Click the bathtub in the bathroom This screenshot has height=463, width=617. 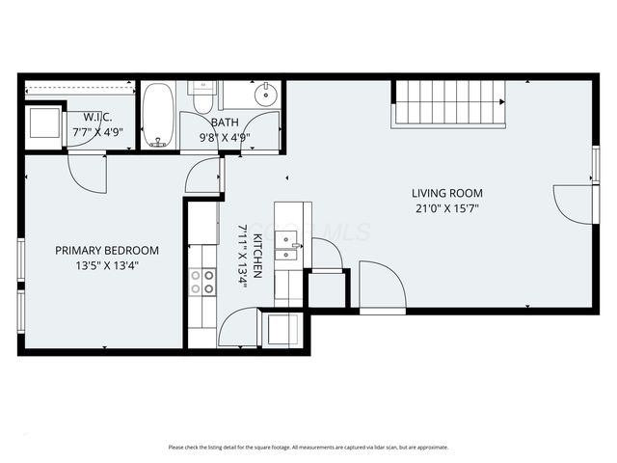tap(158, 116)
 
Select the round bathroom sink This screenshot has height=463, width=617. tap(265, 95)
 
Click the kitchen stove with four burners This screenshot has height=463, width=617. tap(202, 281)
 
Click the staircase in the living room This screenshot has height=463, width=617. tap(448, 103)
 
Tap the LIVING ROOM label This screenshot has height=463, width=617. tap(447, 193)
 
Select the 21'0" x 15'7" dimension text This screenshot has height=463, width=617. tap(446, 207)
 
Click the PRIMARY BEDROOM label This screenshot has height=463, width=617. tap(106, 250)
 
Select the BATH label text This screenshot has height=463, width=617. tap(225, 123)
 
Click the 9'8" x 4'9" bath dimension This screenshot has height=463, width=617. tap(225, 137)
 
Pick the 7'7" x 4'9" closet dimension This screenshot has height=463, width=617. tap(96, 133)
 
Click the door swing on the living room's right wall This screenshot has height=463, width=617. tap(574, 203)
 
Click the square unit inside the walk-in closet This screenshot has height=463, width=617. tap(43, 124)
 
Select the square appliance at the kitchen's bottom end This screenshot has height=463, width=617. tap(283, 330)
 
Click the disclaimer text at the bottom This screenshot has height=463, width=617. tap(308, 447)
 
